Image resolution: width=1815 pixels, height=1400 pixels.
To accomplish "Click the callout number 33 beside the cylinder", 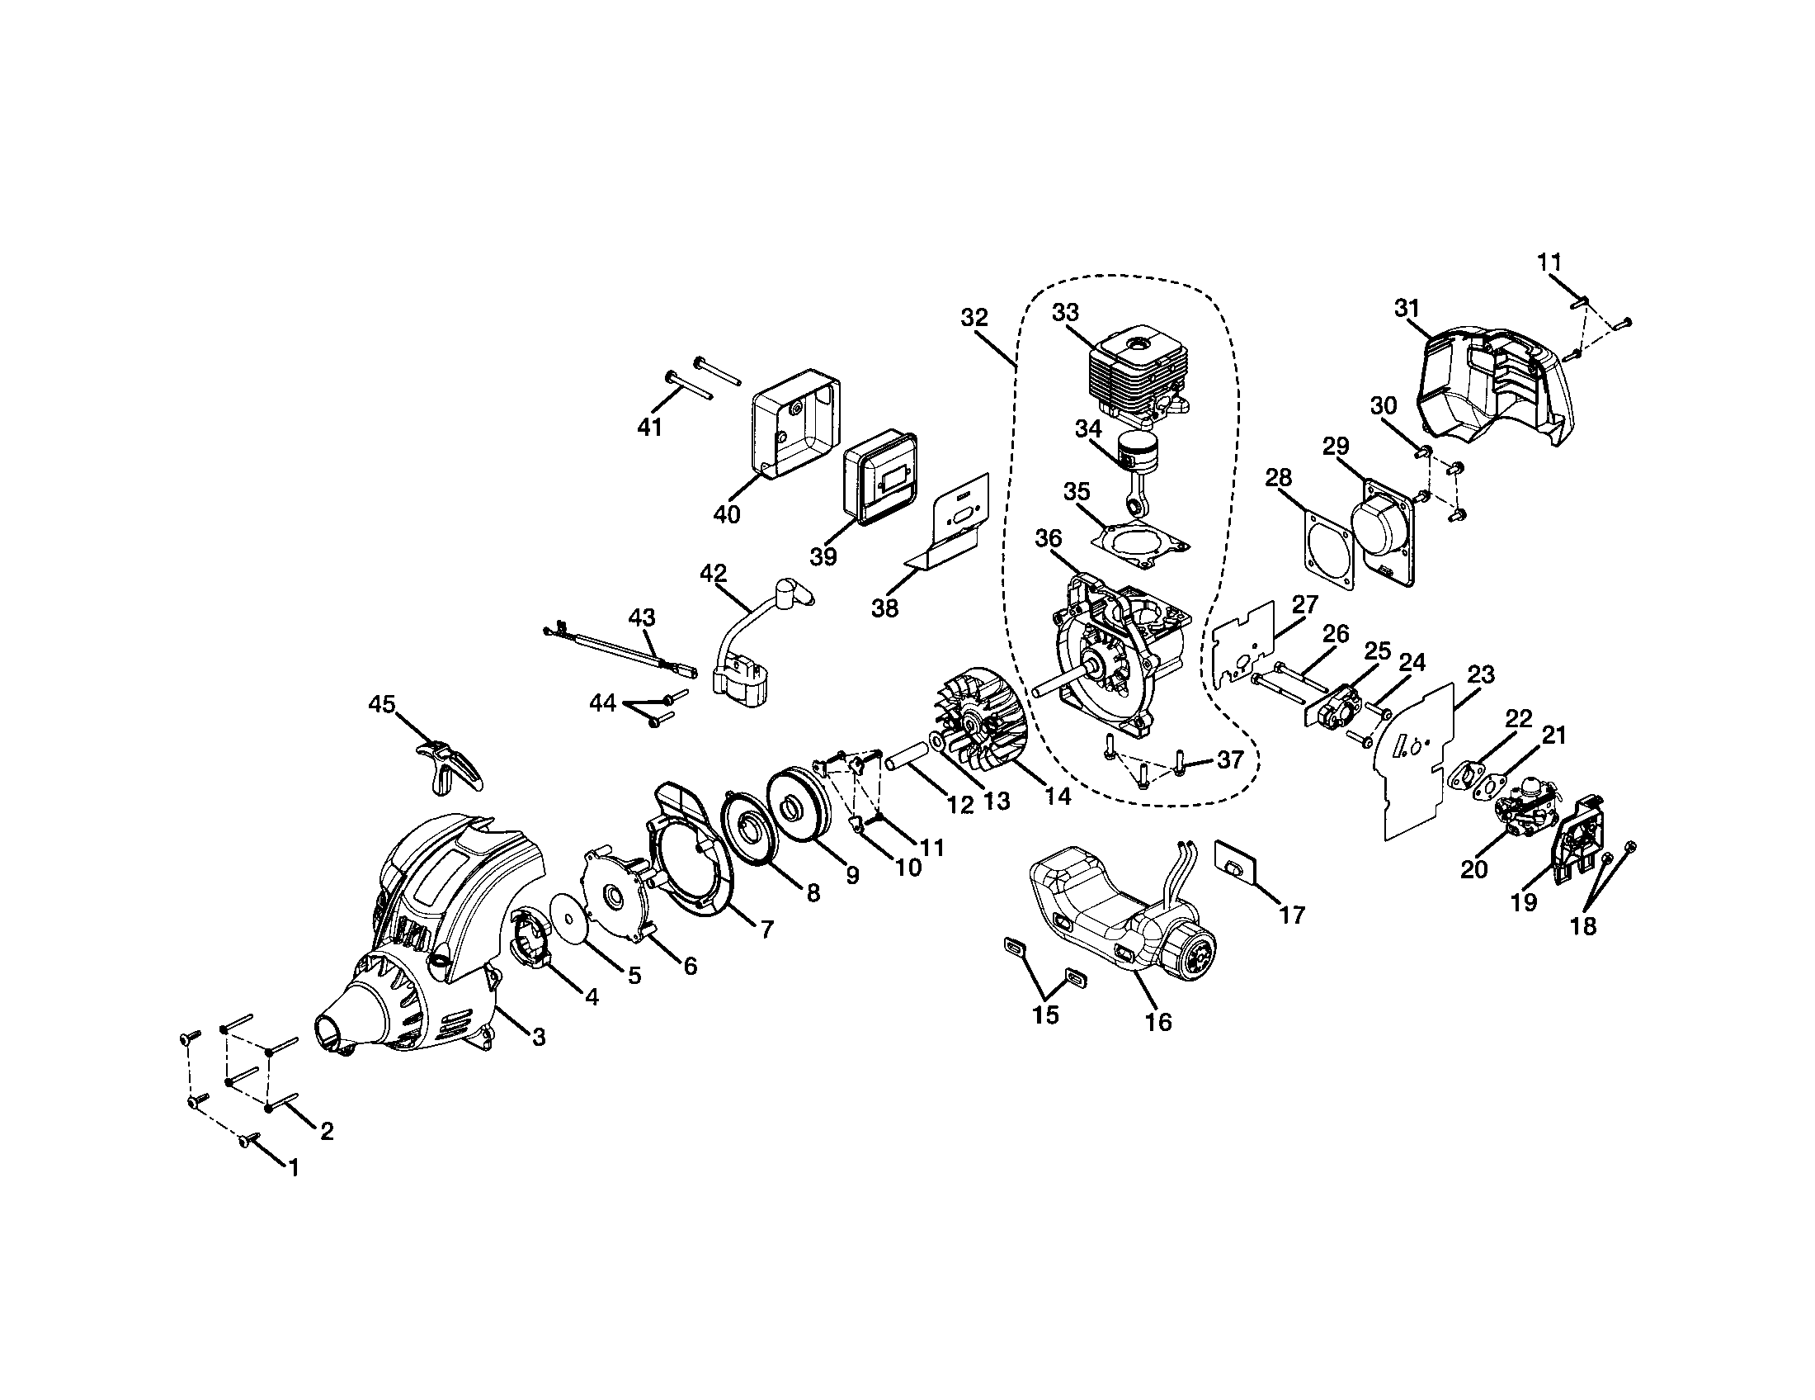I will [x=1065, y=312].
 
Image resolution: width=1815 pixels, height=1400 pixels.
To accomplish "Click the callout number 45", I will [x=381, y=704].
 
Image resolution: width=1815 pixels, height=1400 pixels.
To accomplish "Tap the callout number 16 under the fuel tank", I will [x=1158, y=1022].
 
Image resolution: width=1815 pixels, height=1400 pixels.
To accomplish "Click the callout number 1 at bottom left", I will [x=293, y=1166].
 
